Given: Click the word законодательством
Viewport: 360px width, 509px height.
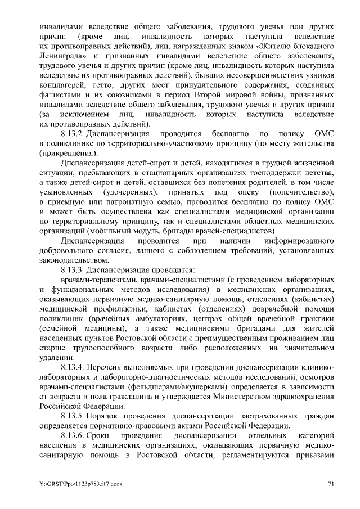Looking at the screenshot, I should tap(71, 260).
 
